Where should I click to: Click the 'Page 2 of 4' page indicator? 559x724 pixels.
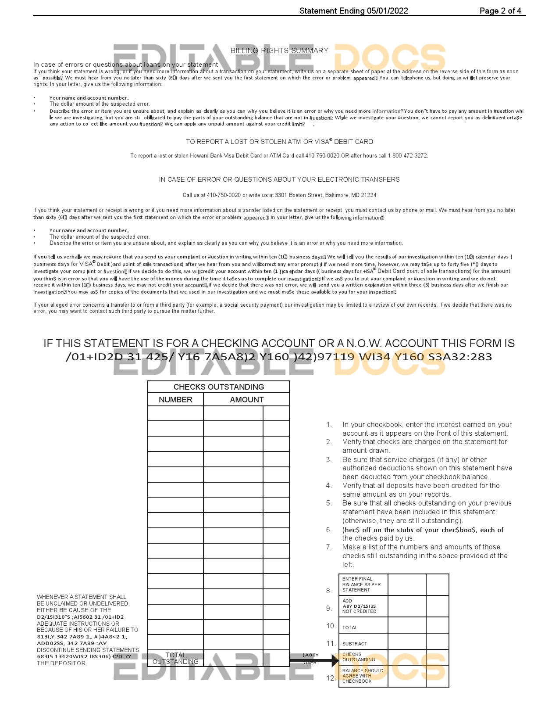(x=500, y=11)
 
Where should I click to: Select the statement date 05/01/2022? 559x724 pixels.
(x=388, y=11)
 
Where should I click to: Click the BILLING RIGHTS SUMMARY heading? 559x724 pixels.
(x=279, y=50)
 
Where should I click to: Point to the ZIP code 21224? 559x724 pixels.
(x=369, y=195)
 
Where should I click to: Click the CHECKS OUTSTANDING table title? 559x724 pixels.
(x=218, y=387)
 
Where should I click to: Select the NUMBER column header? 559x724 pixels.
(x=175, y=400)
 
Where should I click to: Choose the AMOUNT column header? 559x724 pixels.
(x=246, y=400)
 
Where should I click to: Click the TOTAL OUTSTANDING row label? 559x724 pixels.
(x=175, y=658)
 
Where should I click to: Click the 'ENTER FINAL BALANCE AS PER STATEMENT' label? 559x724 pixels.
(x=361, y=584)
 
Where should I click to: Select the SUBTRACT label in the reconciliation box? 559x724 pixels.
(x=354, y=644)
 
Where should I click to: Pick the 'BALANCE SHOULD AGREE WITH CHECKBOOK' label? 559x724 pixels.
(x=362, y=676)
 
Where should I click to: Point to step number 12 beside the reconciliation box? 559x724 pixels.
(x=331, y=678)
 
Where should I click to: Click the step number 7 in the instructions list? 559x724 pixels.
(x=329, y=547)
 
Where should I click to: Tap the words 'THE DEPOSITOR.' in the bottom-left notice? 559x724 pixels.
(x=62, y=663)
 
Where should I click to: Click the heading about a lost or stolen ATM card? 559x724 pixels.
(x=279, y=142)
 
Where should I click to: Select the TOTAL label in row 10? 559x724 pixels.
(x=349, y=627)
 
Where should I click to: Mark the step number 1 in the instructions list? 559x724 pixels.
(x=329, y=425)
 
